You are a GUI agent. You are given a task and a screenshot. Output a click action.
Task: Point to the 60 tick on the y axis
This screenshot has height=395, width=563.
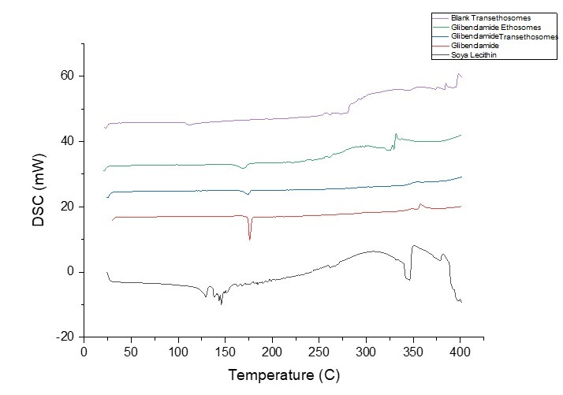coord(69,76)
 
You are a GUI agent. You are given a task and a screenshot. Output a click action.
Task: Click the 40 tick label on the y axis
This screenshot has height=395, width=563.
coord(69,141)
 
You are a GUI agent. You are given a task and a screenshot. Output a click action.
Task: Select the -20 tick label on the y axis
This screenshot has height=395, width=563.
coord(66,337)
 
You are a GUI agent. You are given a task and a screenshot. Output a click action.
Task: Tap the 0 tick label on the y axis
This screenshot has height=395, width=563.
coord(71,272)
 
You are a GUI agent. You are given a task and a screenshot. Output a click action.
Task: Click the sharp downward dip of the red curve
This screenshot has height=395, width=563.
coord(250,238)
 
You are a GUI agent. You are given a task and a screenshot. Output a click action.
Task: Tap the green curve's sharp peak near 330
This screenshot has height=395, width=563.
coord(395,135)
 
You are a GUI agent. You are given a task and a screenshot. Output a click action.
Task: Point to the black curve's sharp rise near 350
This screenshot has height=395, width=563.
coord(412,260)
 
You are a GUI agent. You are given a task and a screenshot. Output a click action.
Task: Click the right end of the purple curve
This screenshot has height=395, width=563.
coord(461,76)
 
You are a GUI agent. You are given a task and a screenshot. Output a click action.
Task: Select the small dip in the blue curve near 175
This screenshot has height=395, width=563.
coord(248,194)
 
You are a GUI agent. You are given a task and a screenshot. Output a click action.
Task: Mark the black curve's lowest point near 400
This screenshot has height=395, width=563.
coord(460,303)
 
